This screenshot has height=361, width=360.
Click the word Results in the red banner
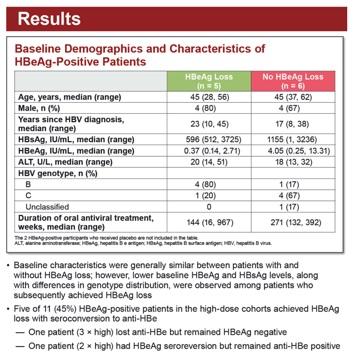tap(49, 19)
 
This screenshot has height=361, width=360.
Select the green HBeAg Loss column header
tap(209, 81)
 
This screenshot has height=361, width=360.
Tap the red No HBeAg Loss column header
tap(293, 81)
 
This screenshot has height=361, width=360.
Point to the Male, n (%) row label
tap(39, 108)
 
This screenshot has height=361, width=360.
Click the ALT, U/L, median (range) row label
tap(65, 162)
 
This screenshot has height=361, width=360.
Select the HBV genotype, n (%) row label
tap(58, 173)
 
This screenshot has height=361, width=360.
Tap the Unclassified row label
tap(47, 207)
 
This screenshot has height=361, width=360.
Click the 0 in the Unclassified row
tap(209, 207)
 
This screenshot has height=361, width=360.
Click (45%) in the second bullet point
tap(65, 309)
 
